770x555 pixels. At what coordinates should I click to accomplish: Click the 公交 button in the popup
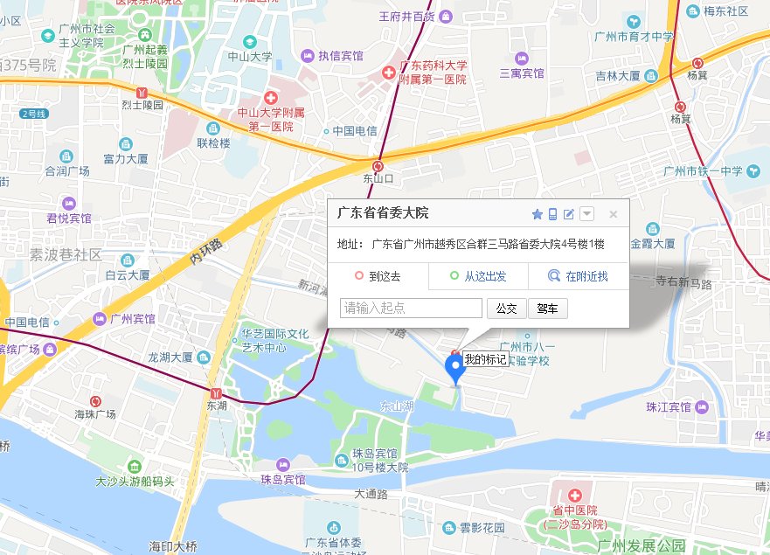pos(506,309)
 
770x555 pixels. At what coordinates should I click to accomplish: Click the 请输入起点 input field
pos(411,309)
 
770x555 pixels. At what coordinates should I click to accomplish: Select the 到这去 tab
pos(378,277)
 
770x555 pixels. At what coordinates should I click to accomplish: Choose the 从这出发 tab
pos(478,277)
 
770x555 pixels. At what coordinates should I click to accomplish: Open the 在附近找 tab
pos(578,277)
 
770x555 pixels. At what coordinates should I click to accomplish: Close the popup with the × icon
pos(614,214)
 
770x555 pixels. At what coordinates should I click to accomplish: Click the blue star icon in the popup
pos(538,214)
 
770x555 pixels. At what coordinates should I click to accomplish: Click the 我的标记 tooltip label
pos(485,359)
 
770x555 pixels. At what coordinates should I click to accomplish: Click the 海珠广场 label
pos(94,413)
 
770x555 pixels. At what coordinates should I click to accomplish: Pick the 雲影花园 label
pos(482,528)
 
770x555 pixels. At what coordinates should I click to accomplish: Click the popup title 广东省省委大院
pos(383,213)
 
